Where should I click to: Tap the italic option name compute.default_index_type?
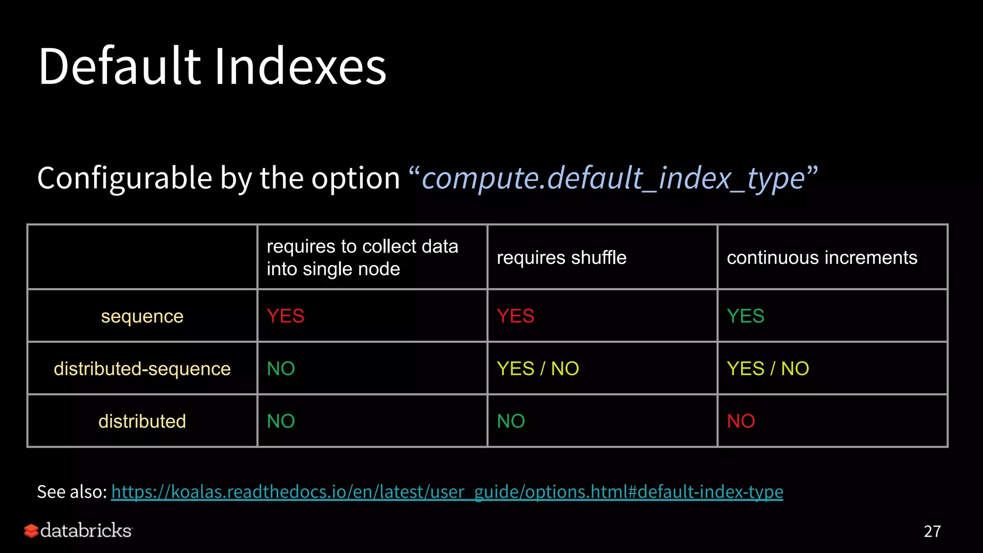[613, 178]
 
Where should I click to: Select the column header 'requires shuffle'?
[561, 258]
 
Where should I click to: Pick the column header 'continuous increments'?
[822, 258]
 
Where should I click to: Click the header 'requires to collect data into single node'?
[362, 257]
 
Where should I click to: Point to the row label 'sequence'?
[142, 316]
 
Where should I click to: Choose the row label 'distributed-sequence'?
[142, 369]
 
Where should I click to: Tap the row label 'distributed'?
[142, 421]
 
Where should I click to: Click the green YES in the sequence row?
[745, 316]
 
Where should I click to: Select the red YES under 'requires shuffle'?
[515, 316]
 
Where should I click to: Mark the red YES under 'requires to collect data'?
[285, 316]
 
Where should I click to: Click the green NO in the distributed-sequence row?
[281, 369]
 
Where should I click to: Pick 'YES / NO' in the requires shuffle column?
[538, 369]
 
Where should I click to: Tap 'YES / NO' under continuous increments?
[767, 369]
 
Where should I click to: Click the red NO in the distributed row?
[741, 421]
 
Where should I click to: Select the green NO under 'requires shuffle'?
[511, 421]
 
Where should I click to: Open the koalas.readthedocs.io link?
[447, 492]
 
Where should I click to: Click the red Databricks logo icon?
[31, 531]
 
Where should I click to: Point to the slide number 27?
[932, 531]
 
